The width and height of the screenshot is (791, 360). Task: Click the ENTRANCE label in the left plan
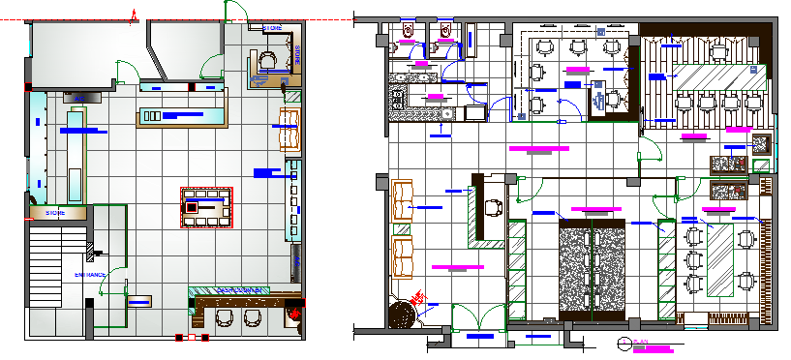pyautogui.click(x=89, y=275)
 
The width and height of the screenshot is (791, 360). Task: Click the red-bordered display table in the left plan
pyautogui.click(x=207, y=207)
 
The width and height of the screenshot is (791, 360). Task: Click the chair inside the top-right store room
pyautogui.click(x=268, y=62)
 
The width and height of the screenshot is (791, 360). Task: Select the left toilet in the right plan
pyautogui.click(x=408, y=32)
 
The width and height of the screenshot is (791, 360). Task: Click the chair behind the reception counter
pyautogui.click(x=493, y=206)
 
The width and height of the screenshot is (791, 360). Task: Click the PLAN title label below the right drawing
pyautogui.click(x=640, y=342)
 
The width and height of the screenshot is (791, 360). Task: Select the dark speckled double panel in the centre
pyautogui.click(x=593, y=268)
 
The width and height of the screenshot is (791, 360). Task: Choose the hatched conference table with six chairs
pyautogui.click(x=719, y=259)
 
